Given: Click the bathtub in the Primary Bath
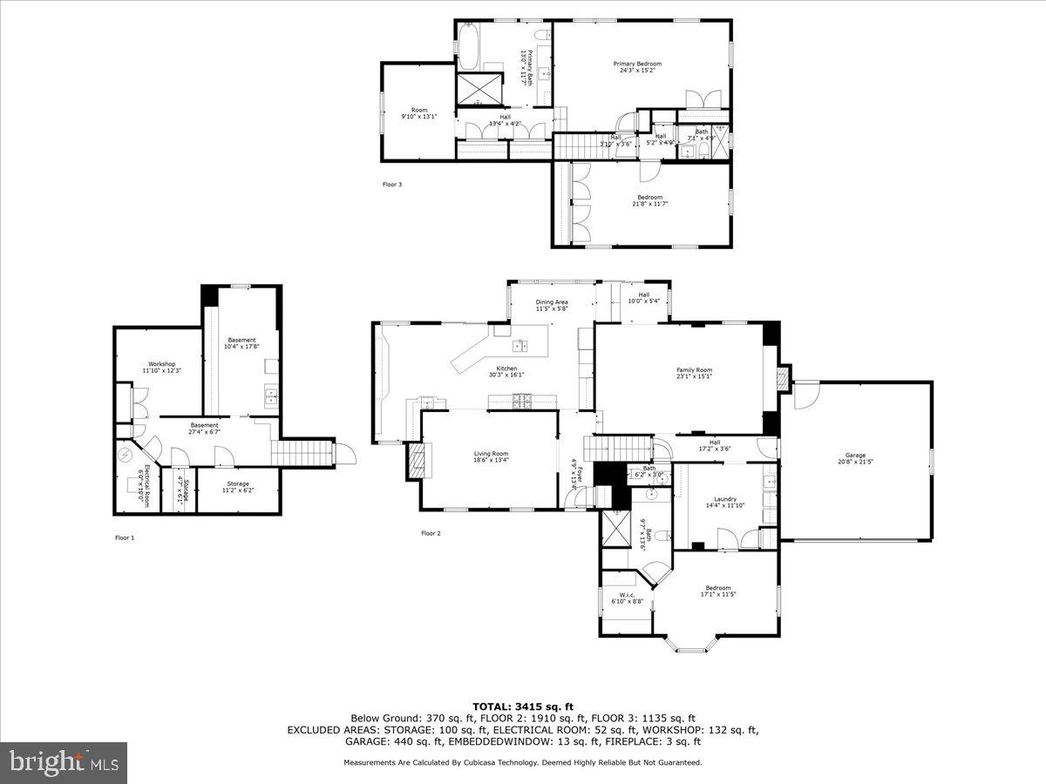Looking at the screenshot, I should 467,46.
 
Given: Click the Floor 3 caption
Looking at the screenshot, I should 392,185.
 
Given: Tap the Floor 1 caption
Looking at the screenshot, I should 125,537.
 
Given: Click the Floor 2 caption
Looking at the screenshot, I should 431,533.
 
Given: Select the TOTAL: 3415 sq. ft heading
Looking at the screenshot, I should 523,706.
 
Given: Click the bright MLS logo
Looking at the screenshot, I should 64,763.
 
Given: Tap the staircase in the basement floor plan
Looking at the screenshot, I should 302,453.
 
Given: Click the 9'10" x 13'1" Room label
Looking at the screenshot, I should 419,113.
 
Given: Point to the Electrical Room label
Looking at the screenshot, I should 144,488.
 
